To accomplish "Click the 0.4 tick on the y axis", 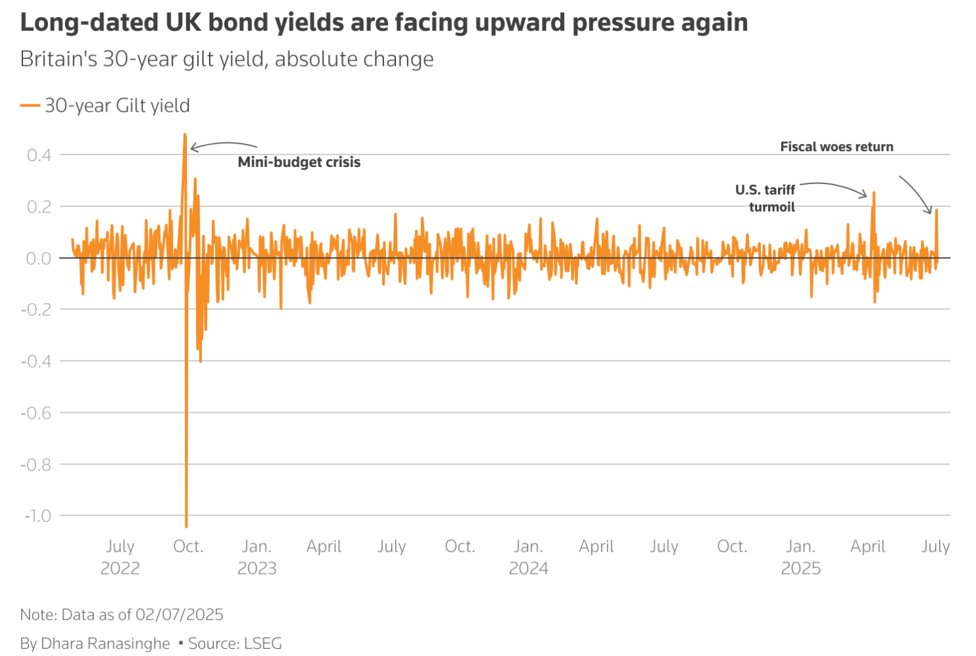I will (39, 155).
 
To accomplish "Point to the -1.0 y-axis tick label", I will (37, 516).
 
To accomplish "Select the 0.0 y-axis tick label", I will (39, 258).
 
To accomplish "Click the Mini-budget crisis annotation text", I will (299, 162).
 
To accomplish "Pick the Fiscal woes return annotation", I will (837, 147).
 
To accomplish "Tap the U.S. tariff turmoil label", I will (766, 199).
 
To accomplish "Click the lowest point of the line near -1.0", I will (187, 527).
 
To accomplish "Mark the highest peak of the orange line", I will (185, 135).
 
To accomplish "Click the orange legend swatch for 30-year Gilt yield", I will (30, 106).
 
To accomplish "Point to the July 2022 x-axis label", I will (120, 557).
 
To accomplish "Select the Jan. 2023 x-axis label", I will (256, 557).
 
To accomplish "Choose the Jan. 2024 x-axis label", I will (528, 557).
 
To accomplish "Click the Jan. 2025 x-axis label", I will (800, 557).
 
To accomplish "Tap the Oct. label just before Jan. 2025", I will (732, 546).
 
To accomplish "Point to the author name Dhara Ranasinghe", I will (105, 644).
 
